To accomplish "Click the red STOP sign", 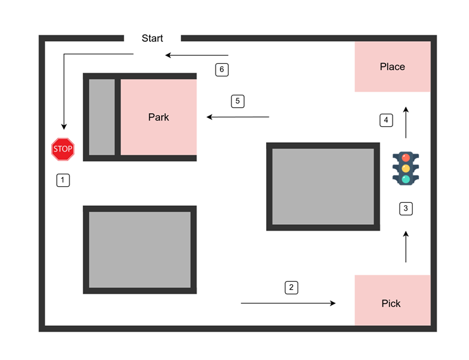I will point(63,149).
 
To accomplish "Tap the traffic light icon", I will point(406,167).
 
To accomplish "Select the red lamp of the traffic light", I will point(406,156).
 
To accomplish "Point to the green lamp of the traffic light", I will point(406,179).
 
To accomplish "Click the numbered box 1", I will point(63,180).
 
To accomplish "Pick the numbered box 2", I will point(291,287).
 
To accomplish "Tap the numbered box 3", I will point(406,208).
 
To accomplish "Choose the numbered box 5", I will point(237,100).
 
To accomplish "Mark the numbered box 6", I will point(221,69).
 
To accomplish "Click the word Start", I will point(152,39).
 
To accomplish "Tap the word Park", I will point(159,117).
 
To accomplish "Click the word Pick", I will point(391,304).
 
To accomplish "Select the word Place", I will point(392,67).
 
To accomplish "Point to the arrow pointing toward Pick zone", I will point(288,304).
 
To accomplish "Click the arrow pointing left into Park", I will point(238,117).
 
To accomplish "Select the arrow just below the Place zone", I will point(406,122).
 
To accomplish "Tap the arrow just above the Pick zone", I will point(406,247).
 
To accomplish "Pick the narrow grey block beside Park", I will point(102,117).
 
